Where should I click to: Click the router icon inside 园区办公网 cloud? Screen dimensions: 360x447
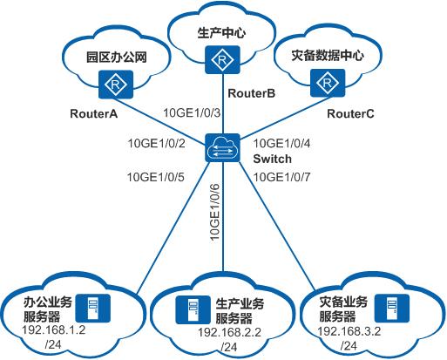click(x=113, y=85)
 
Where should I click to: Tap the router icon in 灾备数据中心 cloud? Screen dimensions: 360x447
click(x=325, y=84)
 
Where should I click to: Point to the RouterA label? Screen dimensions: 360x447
click(x=92, y=114)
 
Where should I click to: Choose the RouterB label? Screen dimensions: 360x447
click(x=251, y=92)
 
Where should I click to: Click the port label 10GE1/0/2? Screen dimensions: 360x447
click(x=156, y=143)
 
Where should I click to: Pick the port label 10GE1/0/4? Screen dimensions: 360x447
click(x=281, y=143)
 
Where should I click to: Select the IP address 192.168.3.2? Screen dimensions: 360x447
click(x=348, y=331)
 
